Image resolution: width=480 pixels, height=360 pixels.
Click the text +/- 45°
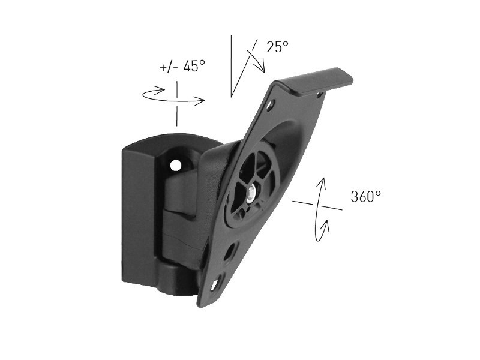click(x=182, y=67)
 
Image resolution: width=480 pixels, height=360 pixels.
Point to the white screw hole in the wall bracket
click(x=176, y=164)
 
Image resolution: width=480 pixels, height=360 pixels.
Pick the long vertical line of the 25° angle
click(x=231, y=66)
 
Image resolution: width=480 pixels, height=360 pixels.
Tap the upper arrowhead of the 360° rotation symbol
click(x=323, y=182)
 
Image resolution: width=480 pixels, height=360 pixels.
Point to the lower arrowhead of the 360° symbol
click(x=326, y=225)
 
